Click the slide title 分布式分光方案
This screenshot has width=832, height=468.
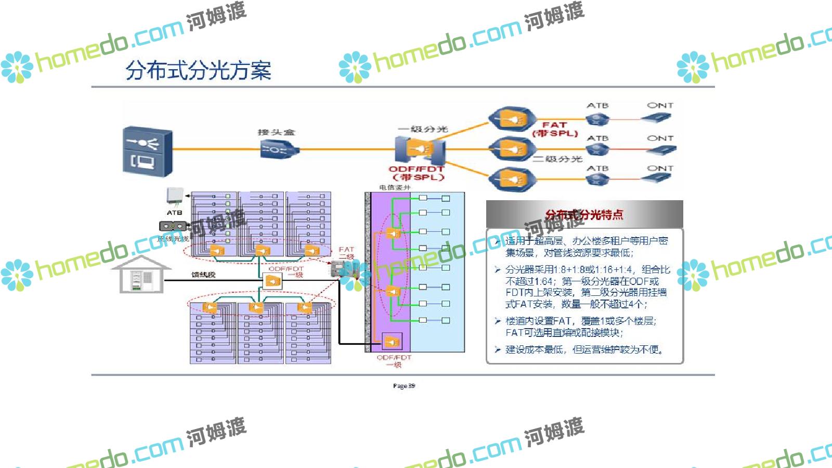pyautogui.click(x=198, y=70)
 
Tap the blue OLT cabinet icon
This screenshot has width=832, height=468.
pyautogui.click(x=147, y=151)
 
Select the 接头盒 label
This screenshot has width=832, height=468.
pyautogui.click(x=276, y=132)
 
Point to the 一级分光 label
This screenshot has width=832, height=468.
pyautogui.click(x=422, y=129)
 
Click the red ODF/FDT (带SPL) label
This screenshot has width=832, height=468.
pyautogui.click(x=417, y=173)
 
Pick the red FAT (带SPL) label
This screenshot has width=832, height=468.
pyautogui.click(x=554, y=129)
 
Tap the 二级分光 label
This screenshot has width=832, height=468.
pyautogui.click(x=556, y=159)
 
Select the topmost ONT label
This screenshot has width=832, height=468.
pyautogui.click(x=660, y=106)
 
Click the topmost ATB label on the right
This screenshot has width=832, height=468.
pyautogui.click(x=597, y=106)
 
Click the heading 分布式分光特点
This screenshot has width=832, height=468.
pyautogui.click(x=584, y=214)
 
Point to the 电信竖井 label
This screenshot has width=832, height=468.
pyautogui.click(x=394, y=187)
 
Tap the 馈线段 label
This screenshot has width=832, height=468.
pyautogui.click(x=203, y=275)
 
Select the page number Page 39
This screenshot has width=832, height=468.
pyautogui.click(x=404, y=386)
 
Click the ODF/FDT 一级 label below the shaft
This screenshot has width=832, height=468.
pyautogui.click(x=394, y=361)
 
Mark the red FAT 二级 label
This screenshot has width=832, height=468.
pyautogui.click(x=346, y=253)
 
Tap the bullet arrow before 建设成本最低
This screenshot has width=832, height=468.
pyautogui.click(x=498, y=350)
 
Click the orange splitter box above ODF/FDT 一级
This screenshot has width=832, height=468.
pyautogui.click(x=392, y=342)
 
